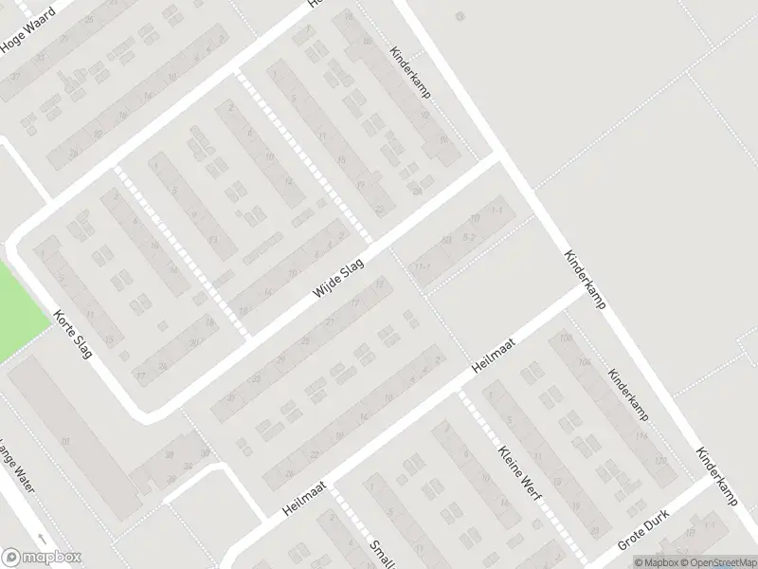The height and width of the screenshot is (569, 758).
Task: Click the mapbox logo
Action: tap(42, 558)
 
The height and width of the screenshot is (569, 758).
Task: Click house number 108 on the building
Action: tap(567, 339)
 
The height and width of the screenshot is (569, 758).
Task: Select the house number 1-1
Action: tap(498, 211)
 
